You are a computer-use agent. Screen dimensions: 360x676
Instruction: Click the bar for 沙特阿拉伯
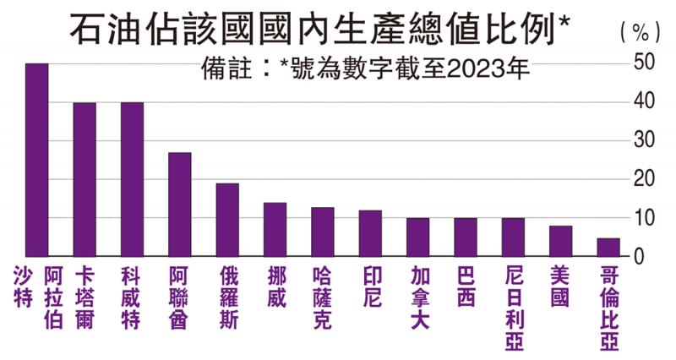[37, 160]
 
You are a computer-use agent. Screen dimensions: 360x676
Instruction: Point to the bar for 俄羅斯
[227, 220]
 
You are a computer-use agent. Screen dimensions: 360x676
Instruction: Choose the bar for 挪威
[275, 229]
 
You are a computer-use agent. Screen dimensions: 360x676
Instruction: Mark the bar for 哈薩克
[322, 232]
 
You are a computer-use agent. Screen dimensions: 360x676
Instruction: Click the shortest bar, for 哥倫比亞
[608, 247]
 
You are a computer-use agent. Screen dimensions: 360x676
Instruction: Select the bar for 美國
[560, 241]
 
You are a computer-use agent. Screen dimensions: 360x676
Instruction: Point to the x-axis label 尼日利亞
[514, 303]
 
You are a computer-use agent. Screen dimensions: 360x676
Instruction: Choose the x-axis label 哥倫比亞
[608, 303]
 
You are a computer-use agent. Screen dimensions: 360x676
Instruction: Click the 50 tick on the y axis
[645, 63]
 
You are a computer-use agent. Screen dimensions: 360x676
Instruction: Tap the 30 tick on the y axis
[645, 140]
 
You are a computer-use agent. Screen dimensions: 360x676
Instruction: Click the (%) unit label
[640, 32]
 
